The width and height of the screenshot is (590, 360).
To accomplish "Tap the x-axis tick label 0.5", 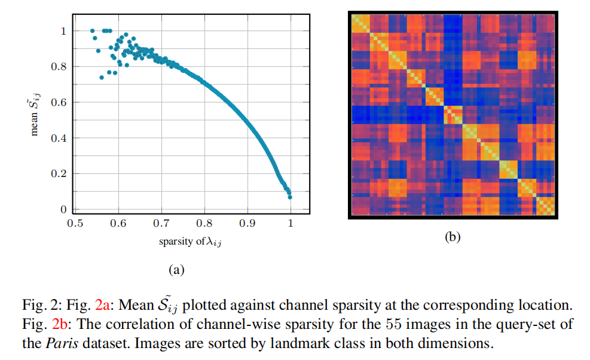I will click(75, 224).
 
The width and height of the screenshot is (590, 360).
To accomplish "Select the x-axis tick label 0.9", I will click(247, 224).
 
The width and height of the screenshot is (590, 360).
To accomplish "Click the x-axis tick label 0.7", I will click(161, 224).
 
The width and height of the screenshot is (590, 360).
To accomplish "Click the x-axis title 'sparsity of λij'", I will click(185, 242).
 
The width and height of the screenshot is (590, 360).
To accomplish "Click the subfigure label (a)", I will click(175, 270).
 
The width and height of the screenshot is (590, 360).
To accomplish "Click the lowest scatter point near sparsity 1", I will click(290, 197).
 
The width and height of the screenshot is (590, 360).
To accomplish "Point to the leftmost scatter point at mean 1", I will click(92, 30).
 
